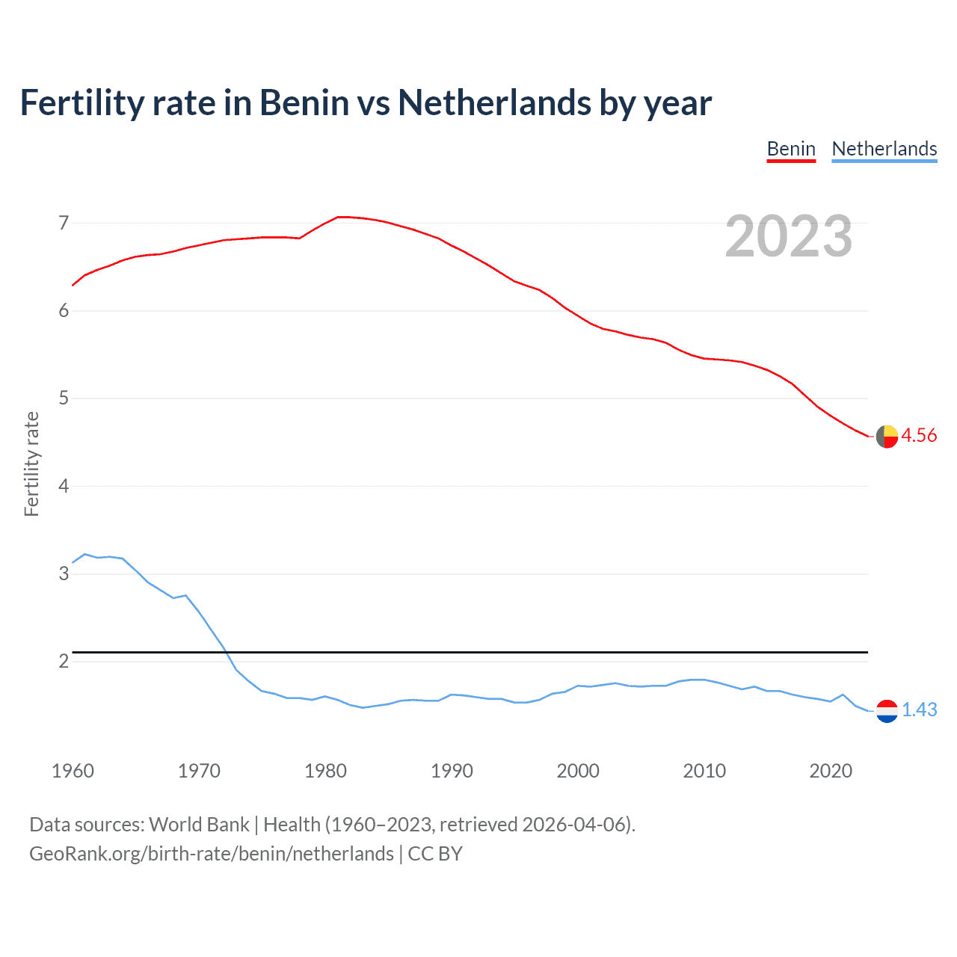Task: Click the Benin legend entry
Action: (x=791, y=149)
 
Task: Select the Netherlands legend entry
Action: (x=884, y=149)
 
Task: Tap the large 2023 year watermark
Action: (x=788, y=236)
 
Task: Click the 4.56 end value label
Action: (x=919, y=436)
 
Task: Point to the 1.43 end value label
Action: (x=919, y=710)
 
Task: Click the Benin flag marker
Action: (x=887, y=437)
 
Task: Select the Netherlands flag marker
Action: (x=887, y=710)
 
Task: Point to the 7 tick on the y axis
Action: (x=64, y=223)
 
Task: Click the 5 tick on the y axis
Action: (x=64, y=399)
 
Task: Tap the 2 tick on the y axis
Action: (x=64, y=662)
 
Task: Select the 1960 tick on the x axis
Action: (x=73, y=771)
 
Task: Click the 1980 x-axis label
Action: (x=325, y=771)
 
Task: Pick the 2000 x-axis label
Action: (x=578, y=771)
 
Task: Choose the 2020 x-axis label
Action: (x=831, y=771)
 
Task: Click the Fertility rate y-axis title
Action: (x=31, y=464)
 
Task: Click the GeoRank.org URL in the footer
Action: (x=212, y=854)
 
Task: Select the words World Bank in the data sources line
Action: (x=199, y=825)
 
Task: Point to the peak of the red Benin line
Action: (x=340, y=217)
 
